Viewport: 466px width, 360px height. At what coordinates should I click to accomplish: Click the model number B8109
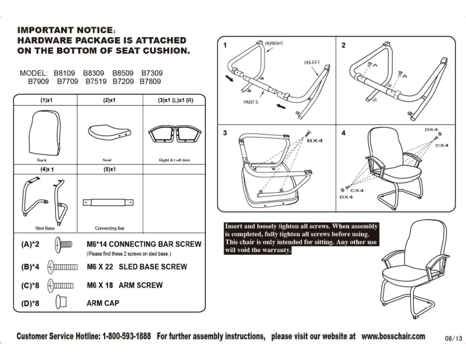click(64, 73)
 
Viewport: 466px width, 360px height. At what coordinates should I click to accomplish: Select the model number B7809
click(150, 82)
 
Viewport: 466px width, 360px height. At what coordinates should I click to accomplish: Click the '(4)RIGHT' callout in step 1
click(274, 44)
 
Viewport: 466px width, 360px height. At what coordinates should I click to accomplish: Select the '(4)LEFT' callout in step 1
click(311, 62)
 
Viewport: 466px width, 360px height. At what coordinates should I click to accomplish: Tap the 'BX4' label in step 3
click(315, 141)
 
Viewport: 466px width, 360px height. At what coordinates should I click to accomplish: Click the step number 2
click(343, 45)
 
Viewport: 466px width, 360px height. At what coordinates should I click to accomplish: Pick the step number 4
click(343, 133)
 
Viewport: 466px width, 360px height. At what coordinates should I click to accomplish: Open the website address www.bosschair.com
click(393, 336)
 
